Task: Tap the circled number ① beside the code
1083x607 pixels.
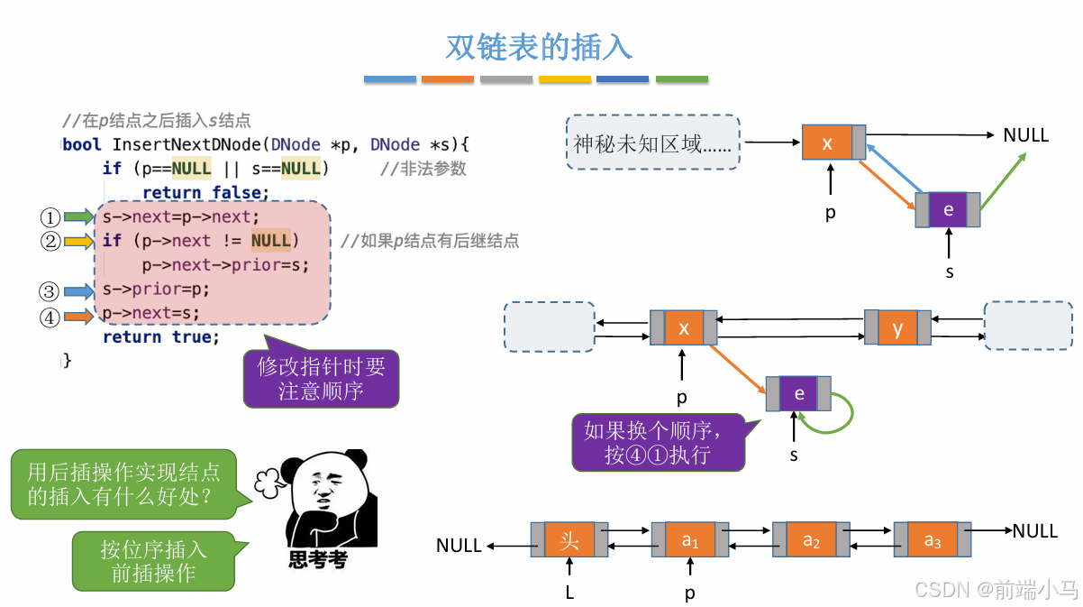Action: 50,217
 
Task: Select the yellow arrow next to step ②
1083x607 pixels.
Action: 78,242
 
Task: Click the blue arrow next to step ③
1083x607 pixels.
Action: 78,291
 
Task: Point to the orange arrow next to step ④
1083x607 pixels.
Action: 78,317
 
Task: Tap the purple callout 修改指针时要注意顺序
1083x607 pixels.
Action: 321,380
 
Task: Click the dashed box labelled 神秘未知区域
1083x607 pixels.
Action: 653,143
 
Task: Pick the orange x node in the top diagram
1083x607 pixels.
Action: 828,143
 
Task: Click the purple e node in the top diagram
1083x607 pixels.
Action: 948,209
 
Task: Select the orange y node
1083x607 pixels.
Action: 897,328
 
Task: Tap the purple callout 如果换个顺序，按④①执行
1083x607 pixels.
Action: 658,443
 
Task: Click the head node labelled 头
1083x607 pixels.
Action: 569,540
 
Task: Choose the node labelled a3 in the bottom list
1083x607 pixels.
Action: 933,540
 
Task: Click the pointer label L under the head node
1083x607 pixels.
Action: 569,593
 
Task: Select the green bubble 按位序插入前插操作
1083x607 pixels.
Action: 153,561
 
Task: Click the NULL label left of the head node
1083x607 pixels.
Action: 459,546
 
